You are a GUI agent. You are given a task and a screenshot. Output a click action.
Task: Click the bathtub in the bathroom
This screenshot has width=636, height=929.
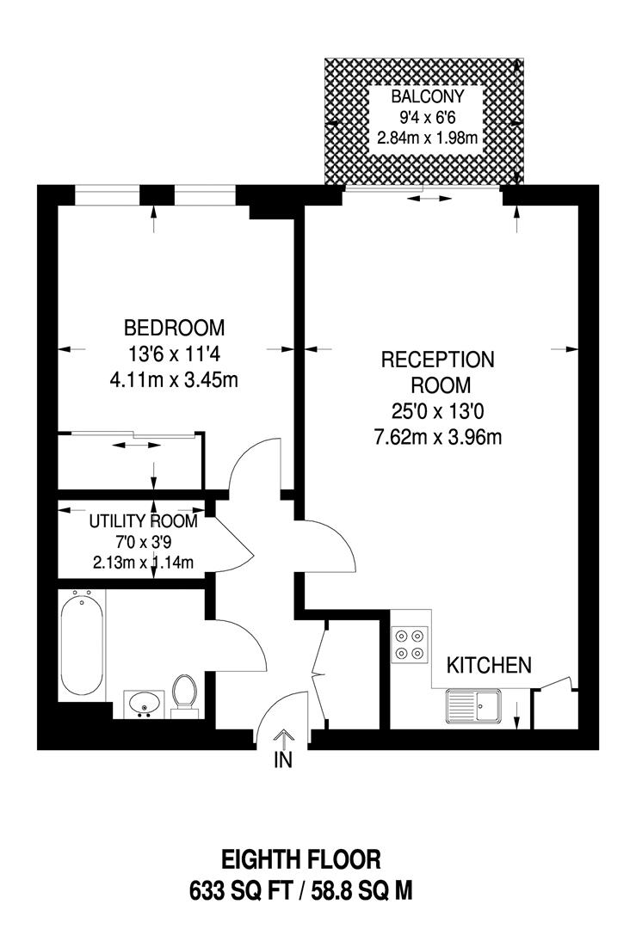pos(83,645)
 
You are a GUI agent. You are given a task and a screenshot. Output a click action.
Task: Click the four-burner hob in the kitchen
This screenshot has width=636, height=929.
pos(409,644)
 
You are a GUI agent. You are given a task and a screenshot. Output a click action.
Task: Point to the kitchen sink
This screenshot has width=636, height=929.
pos(472,706)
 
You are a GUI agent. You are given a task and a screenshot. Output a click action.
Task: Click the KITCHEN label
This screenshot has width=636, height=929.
pos(488,665)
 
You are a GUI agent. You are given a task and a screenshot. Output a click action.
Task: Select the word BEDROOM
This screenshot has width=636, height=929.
pos(174,328)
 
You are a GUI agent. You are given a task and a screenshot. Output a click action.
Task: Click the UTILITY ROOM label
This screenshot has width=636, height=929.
pos(143,522)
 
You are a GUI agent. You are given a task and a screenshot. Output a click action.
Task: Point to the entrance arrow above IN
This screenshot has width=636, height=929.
pos(284,737)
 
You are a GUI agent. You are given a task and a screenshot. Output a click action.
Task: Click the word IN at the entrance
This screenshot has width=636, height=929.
pos(284,760)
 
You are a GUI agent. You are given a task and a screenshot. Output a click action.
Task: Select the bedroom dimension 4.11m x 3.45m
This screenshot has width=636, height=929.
pos(174,379)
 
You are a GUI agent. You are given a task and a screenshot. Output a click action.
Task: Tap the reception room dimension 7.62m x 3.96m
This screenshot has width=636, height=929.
pos(437,437)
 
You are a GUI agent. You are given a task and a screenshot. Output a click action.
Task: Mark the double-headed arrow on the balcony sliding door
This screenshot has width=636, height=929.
pos(429,199)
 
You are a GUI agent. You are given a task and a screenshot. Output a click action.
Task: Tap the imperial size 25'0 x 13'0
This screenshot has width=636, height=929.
pos(437,410)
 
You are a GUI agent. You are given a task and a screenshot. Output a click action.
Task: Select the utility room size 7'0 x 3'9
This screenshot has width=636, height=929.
pos(143,543)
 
